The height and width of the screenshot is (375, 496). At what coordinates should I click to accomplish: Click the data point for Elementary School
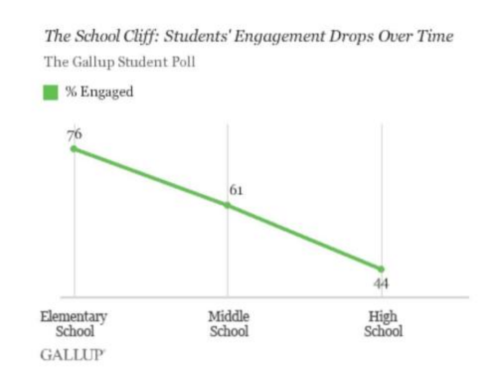(73, 149)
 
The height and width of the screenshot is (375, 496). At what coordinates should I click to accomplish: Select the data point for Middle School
(227, 205)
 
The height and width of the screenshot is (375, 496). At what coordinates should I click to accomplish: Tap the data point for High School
(381, 269)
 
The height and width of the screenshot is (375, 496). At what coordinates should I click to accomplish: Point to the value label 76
(74, 135)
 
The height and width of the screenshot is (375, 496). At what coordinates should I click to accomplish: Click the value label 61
(236, 190)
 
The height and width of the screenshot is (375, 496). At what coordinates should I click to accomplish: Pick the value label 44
(381, 284)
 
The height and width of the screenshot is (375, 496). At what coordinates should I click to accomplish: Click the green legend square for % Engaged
(51, 93)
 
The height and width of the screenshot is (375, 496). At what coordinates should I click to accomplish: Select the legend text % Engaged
(100, 92)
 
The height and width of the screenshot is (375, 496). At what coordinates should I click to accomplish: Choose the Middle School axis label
(229, 323)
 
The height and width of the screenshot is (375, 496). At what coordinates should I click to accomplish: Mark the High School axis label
(383, 323)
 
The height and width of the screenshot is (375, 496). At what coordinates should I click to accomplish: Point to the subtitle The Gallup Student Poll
(119, 62)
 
